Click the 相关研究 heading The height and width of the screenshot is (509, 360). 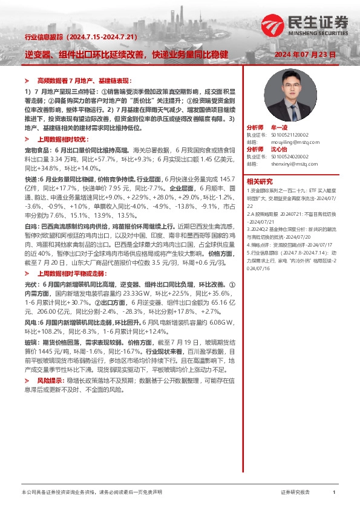260,181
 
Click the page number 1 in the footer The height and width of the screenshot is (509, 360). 334,493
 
